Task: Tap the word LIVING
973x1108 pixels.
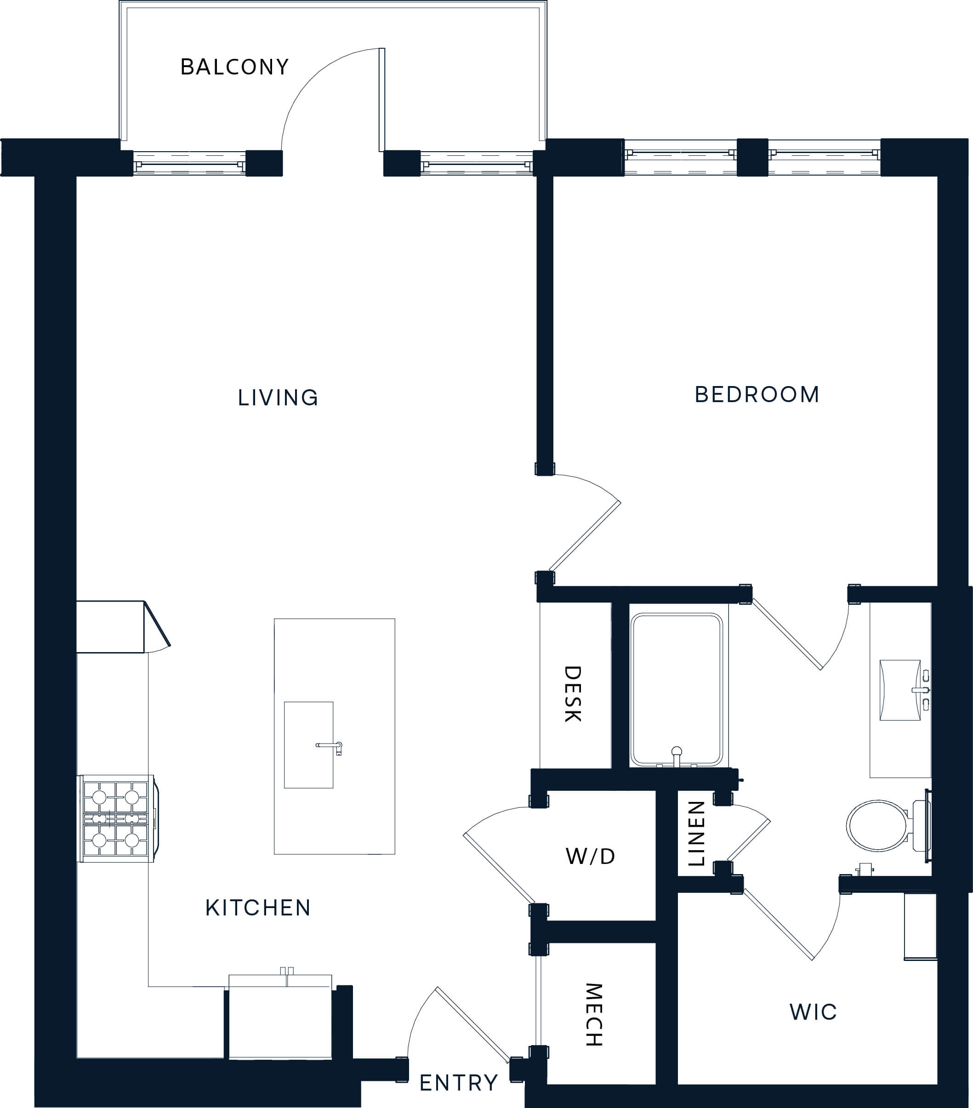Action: tap(278, 398)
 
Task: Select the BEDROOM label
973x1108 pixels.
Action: tap(757, 395)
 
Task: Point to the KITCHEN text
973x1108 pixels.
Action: tap(258, 908)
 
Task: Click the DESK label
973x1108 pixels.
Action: tap(573, 694)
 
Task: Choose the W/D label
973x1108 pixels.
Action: tap(590, 857)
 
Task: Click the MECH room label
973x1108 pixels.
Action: tap(594, 1015)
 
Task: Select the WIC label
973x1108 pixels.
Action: tap(813, 1012)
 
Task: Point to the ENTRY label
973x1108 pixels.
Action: tap(459, 1083)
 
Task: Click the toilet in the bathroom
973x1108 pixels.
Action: tap(888, 825)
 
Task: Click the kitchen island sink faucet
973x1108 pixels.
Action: tap(330, 747)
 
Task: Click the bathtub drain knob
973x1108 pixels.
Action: tap(677, 752)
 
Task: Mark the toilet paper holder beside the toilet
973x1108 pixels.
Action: tap(865, 869)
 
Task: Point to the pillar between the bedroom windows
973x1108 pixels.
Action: tap(752, 158)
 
